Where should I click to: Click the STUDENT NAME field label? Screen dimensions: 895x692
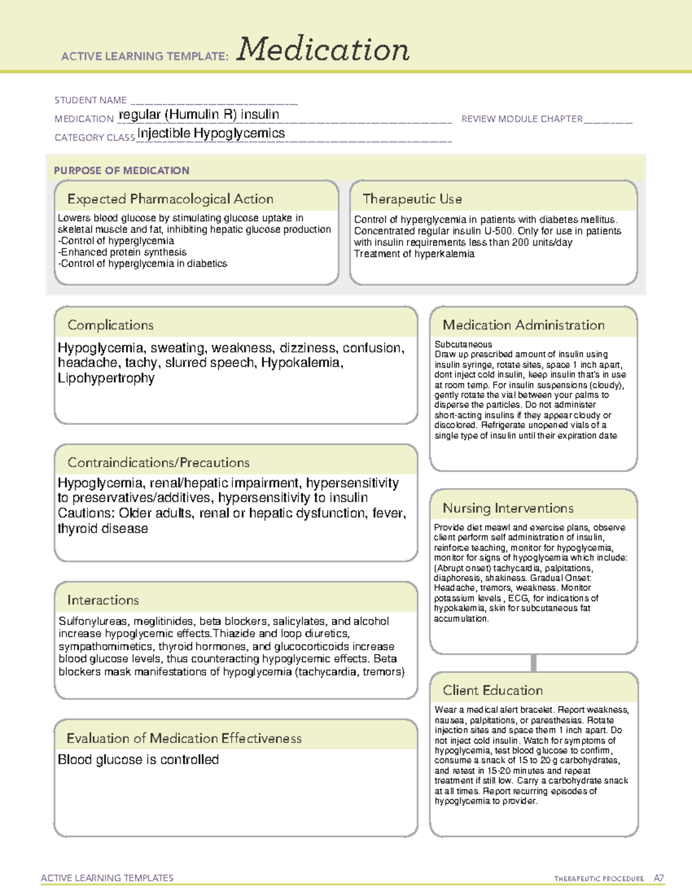(x=91, y=100)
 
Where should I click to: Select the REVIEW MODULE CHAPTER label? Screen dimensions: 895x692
(x=522, y=119)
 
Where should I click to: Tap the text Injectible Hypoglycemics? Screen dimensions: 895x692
(x=211, y=133)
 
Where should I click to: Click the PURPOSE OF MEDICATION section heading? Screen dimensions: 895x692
(x=121, y=171)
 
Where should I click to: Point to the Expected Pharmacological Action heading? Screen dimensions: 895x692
(x=170, y=199)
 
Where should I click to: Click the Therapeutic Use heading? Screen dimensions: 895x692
(x=412, y=199)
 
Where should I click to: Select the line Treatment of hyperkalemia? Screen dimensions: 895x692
(x=414, y=254)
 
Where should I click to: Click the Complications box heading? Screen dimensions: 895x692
(x=110, y=326)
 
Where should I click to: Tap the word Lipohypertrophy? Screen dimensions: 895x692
(x=106, y=378)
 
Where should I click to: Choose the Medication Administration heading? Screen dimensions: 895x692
(x=523, y=326)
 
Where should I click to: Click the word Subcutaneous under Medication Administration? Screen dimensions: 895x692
(x=463, y=345)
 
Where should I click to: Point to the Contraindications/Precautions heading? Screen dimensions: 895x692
(x=158, y=463)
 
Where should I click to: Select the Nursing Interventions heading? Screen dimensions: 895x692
(x=507, y=508)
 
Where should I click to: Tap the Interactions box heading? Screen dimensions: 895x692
(x=103, y=601)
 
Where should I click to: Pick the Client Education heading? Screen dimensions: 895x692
(x=492, y=690)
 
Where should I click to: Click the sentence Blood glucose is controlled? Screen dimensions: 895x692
(x=138, y=760)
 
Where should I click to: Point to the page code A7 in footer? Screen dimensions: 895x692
(x=658, y=878)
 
